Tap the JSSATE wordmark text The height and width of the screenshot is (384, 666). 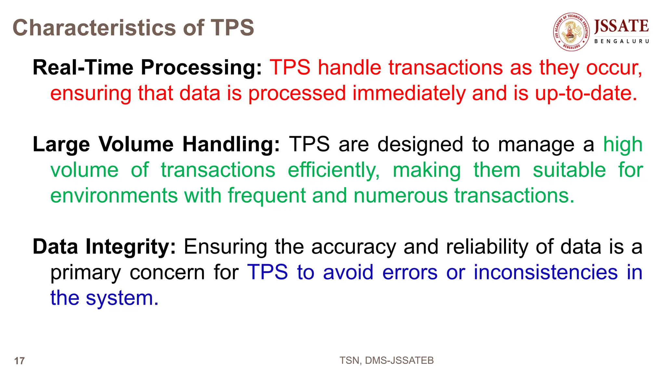click(621, 26)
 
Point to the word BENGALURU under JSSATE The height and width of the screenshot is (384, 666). click(621, 41)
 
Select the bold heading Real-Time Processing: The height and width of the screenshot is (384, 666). click(147, 68)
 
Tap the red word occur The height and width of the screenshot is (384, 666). click(614, 68)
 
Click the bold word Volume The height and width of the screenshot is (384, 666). click(136, 144)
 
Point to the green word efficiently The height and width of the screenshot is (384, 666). click(334, 170)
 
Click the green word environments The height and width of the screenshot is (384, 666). click(114, 196)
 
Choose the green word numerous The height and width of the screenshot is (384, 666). click(401, 196)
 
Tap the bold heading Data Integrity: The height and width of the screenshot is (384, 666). click(104, 247)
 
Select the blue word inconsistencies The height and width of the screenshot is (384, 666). click(545, 272)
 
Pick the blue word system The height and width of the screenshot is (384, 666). click(122, 298)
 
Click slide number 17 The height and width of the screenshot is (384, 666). click(20, 361)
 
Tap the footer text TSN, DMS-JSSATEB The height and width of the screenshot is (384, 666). click(386, 361)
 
